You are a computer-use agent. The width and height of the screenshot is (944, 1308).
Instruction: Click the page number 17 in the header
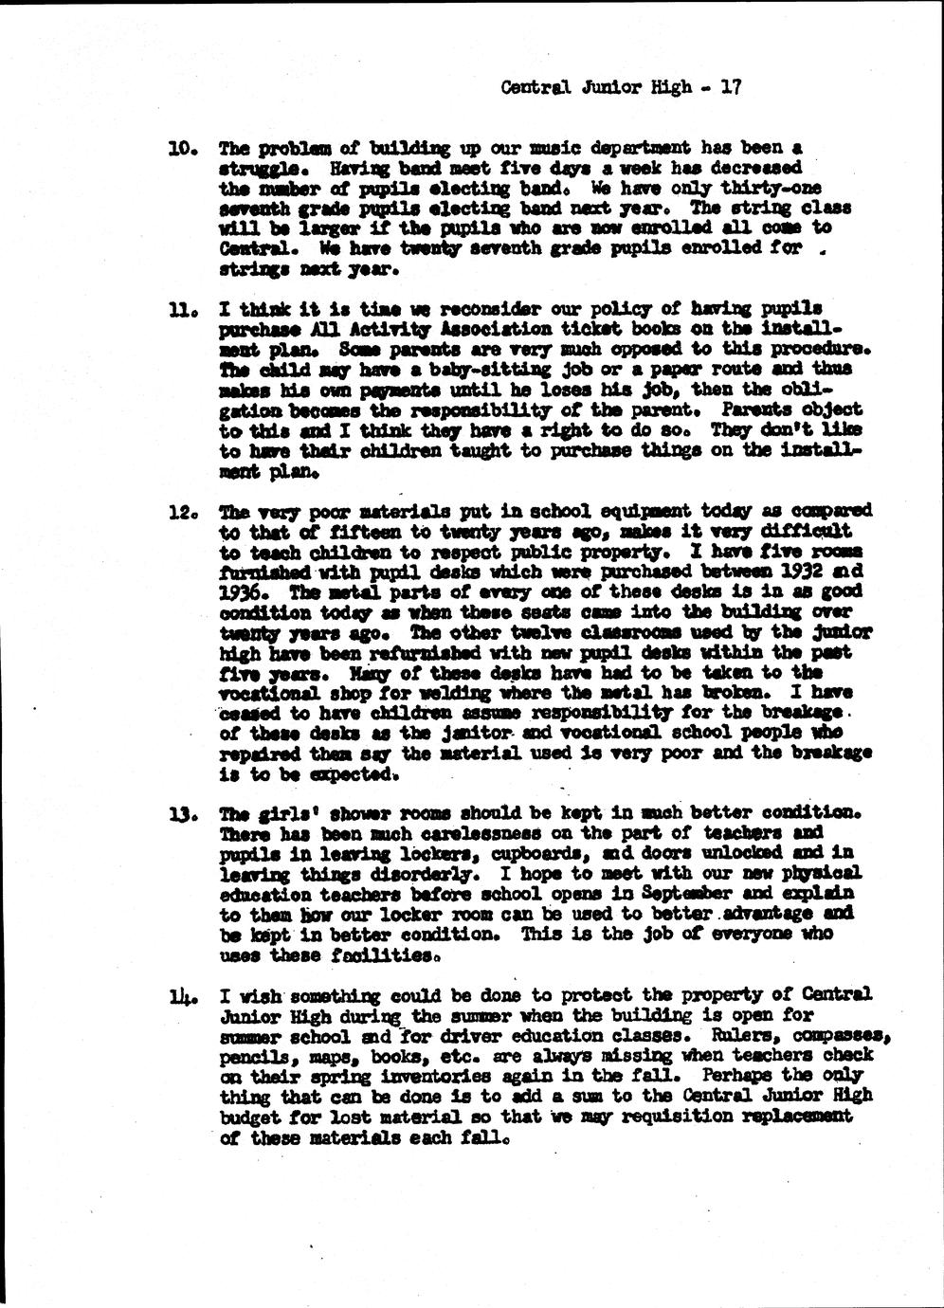point(730,87)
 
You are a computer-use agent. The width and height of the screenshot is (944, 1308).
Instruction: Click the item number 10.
point(181,149)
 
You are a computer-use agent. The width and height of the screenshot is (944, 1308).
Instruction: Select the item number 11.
point(181,310)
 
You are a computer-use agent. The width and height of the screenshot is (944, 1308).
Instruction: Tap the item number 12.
point(181,512)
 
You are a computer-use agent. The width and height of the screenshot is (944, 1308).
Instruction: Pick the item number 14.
point(181,995)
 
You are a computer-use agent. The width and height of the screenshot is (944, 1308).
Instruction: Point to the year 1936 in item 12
point(244,592)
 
